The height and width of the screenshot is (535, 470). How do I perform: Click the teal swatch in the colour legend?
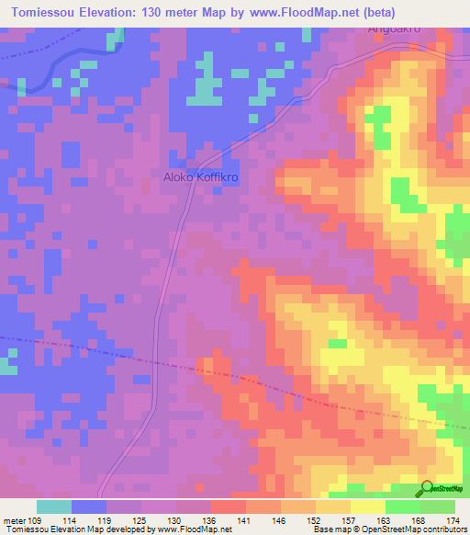pyautogui.click(x=54, y=507)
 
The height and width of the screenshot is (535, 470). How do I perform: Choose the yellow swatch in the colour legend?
pyautogui.click(x=367, y=507)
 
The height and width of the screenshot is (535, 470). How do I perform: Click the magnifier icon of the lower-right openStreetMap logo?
pyautogui.click(x=426, y=489)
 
